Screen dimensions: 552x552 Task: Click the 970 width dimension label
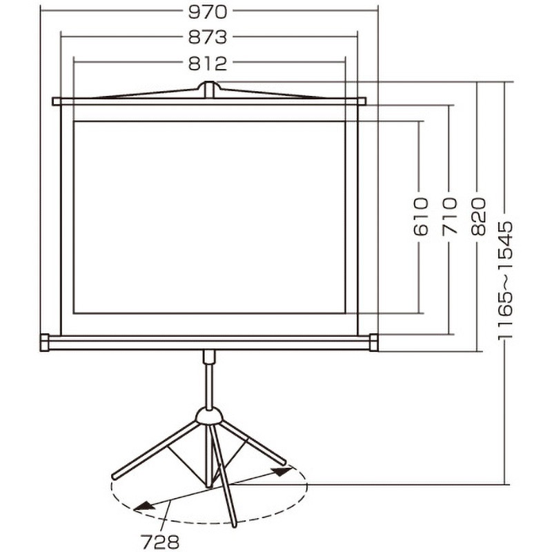208,12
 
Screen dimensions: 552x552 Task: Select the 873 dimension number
208,37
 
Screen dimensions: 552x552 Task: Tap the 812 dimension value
208,64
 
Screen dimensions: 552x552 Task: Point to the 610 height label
421,216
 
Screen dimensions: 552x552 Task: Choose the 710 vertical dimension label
450,216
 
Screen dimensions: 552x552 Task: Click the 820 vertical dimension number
478,216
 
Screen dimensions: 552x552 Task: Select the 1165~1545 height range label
506,280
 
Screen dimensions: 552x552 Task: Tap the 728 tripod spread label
160,542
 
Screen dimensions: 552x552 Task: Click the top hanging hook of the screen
209,89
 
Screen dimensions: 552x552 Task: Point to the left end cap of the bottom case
45,342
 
